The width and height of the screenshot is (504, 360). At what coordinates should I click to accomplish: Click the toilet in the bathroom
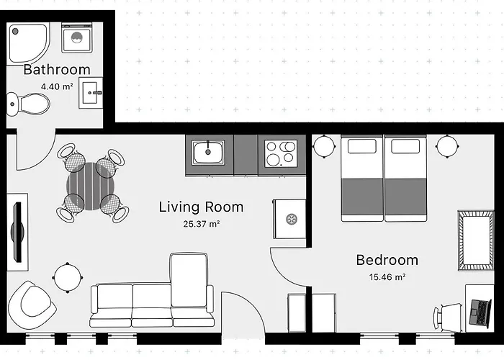click(x=28, y=104)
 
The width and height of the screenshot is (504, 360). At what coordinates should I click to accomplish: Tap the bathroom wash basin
click(x=91, y=93)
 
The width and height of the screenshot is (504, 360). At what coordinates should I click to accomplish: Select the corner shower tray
click(x=28, y=43)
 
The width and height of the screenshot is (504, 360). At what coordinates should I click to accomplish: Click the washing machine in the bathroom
click(x=77, y=38)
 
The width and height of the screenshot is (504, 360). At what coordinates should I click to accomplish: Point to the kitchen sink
click(x=208, y=153)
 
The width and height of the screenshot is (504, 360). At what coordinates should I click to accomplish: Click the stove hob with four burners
click(x=281, y=153)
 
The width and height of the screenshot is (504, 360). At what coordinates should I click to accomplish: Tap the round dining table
click(x=91, y=186)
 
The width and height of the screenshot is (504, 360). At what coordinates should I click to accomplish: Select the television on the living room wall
click(x=18, y=232)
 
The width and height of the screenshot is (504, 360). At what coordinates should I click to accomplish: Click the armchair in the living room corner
click(x=30, y=305)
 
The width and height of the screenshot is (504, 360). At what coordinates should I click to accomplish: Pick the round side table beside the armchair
click(x=68, y=278)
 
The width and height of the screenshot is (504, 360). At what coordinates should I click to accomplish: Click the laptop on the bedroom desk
click(x=480, y=312)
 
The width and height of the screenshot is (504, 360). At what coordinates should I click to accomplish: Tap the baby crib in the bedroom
click(x=476, y=240)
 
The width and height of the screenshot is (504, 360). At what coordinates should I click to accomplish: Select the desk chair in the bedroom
click(x=449, y=318)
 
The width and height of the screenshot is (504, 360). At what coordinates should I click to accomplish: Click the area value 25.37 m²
click(x=202, y=224)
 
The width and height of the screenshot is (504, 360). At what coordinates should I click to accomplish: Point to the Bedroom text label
click(x=387, y=260)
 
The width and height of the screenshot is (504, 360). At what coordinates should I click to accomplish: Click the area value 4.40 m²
click(x=57, y=86)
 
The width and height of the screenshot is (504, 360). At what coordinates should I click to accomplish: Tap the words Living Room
click(x=201, y=207)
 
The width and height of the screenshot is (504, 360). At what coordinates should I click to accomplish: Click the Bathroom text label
click(x=57, y=70)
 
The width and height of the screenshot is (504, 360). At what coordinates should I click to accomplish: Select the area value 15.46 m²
click(x=387, y=276)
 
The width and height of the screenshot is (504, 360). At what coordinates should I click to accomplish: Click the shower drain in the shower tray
click(x=15, y=31)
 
